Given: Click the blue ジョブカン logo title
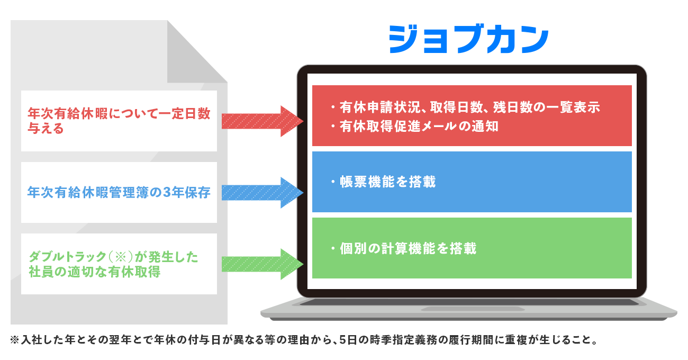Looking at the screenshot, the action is (x=469, y=39).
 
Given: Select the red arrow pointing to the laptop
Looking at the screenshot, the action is (x=262, y=121).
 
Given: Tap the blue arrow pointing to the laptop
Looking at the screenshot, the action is (x=262, y=193).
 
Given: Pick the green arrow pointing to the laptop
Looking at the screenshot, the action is (x=262, y=264).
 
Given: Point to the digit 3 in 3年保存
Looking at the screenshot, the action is (x=167, y=193).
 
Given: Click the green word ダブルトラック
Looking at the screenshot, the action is (x=67, y=256).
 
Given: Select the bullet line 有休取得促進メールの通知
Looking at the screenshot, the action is (x=419, y=126).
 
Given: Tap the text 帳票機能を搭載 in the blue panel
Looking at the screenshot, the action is (x=387, y=182).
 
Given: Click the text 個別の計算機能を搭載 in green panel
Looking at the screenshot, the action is (x=408, y=248).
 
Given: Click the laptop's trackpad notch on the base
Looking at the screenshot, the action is (x=473, y=309).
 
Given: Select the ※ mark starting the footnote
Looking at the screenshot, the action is (x=15, y=340).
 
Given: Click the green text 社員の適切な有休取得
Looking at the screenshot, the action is (x=94, y=272).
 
